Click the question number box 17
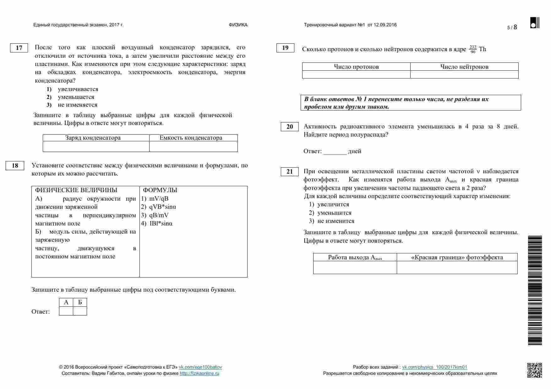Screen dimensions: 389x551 click(19, 48)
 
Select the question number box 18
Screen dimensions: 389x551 click(15, 165)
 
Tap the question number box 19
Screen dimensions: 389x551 click(285, 48)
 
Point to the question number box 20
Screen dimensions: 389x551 click(290, 127)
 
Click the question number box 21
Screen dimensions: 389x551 click(290, 171)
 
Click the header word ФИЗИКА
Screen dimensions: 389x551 click(238, 25)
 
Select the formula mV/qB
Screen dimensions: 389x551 click(159, 198)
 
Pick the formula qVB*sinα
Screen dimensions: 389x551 click(162, 207)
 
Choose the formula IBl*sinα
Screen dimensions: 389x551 click(161, 224)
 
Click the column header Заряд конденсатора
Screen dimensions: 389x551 click(93, 138)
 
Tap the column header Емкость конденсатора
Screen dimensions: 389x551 click(191, 138)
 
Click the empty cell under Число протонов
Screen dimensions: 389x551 click(356, 74)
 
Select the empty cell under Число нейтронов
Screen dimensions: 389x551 click(464, 74)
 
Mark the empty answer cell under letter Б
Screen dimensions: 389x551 click(80, 311)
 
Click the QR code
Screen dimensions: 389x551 click(534, 370)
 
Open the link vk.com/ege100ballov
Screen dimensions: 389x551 click(200, 367)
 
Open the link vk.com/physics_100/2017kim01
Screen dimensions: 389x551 click(434, 367)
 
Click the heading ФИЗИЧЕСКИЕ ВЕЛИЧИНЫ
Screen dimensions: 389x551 click(76, 190)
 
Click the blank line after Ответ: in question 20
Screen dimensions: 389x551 click(335, 152)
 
